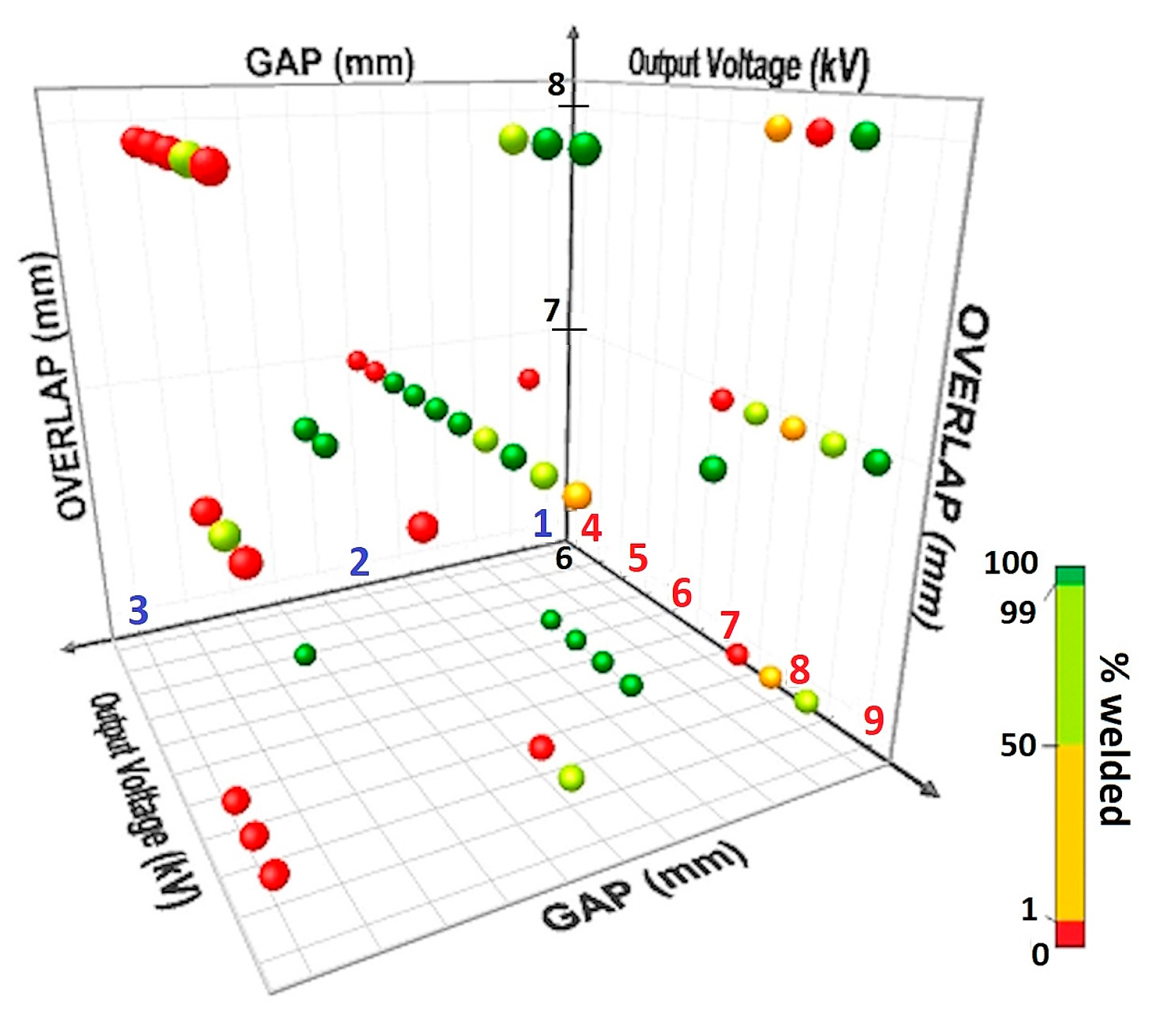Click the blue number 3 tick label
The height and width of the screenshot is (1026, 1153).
click(139, 610)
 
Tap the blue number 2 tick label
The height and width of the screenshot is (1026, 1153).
click(359, 561)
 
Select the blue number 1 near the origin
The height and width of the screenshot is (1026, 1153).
click(542, 524)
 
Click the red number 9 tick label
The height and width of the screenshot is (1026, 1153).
click(874, 720)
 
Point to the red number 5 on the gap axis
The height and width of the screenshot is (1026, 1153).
click(638, 558)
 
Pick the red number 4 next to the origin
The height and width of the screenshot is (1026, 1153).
click(591, 528)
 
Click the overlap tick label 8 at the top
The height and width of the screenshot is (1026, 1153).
click(556, 85)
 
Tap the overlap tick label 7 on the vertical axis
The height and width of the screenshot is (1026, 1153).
click(551, 311)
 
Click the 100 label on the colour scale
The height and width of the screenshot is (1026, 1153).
click(1011, 563)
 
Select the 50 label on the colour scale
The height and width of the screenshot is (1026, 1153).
click(1018, 746)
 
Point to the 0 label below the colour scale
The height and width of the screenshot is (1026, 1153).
click(1040, 954)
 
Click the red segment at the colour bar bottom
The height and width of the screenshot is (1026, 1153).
click(1070, 934)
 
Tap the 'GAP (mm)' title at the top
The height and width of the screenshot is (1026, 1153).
click(330, 63)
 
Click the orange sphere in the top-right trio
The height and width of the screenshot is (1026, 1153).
click(778, 128)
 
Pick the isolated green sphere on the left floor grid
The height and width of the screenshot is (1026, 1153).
click(305, 655)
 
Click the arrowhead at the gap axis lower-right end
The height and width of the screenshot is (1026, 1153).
click(931, 790)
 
